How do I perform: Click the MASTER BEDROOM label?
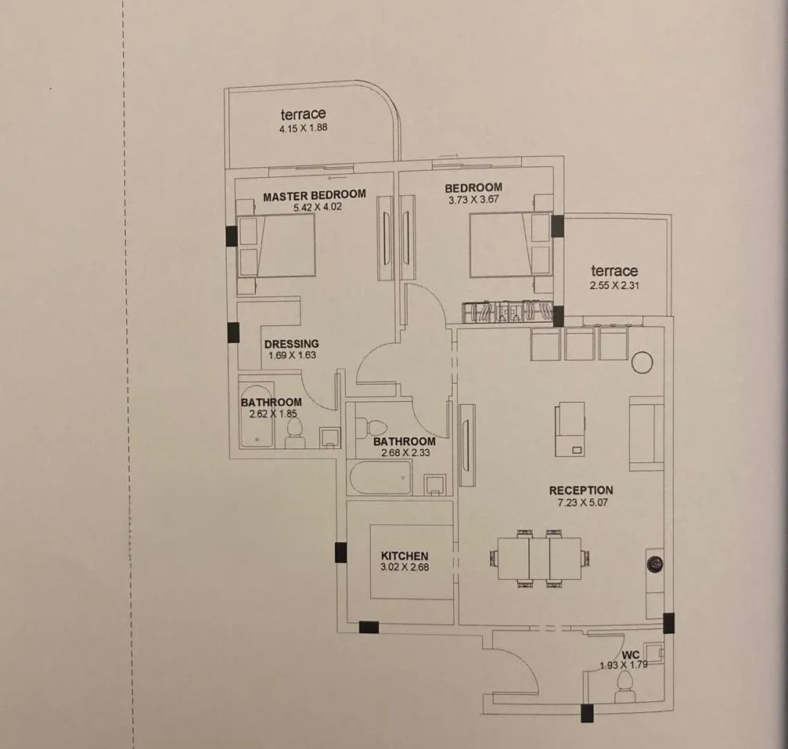click(x=315, y=195)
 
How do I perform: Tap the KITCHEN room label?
click(x=405, y=555)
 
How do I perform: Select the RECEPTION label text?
click(x=581, y=490)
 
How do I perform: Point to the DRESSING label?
click(x=291, y=344)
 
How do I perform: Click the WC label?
click(x=631, y=655)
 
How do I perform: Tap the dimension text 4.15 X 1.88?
click(x=304, y=128)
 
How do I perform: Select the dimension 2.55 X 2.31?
click(x=614, y=285)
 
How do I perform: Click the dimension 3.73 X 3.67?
click(x=473, y=199)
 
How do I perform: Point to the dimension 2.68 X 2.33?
click(x=405, y=452)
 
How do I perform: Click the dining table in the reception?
click(x=539, y=559)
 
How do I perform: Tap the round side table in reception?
click(x=642, y=362)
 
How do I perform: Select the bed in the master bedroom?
click(x=276, y=245)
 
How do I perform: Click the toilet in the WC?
click(x=624, y=686)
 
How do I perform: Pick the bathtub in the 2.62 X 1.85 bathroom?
click(x=257, y=417)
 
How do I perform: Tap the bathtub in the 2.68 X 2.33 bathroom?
click(x=380, y=477)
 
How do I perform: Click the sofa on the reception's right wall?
click(x=646, y=433)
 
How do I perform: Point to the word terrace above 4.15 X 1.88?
click(x=303, y=114)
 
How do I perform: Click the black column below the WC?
click(x=587, y=713)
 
